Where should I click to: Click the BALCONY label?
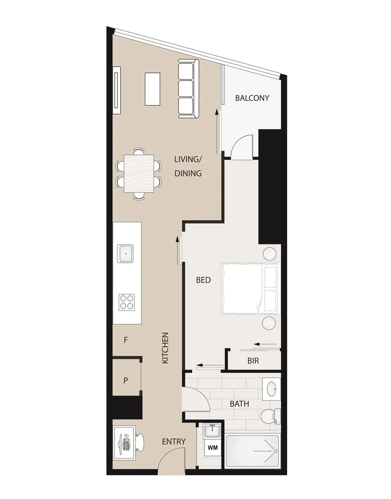tap(252, 98)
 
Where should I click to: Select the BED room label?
tap(203, 280)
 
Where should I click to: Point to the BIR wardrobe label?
tap(253, 361)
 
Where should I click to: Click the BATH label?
tap(239, 404)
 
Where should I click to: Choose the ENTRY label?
tap(174, 442)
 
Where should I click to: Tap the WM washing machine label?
tap(213, 448)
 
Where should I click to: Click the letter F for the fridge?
tap(126, 341)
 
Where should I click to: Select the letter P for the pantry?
tap(125, 381)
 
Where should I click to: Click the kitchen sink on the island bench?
tap(126, 254)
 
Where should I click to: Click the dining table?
tap(139, 174)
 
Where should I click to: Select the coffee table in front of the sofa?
tap(153, 89)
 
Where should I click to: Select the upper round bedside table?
tap(270, 254)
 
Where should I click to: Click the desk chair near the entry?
tap(140, 442)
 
